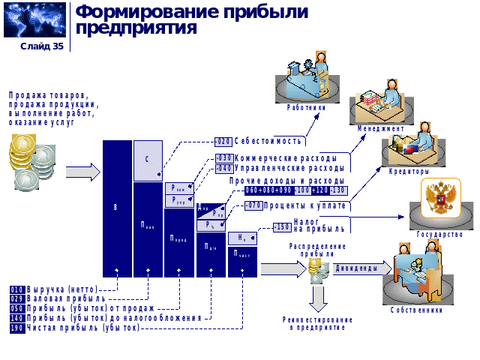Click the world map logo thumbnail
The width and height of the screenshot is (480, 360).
(34, 20)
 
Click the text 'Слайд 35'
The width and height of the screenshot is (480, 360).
(42, 46)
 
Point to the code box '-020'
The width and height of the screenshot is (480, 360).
(223, 141)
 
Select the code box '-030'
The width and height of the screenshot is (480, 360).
(224, 158)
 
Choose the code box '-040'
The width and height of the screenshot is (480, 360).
(224, 169)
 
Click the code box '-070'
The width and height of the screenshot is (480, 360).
(253, 205)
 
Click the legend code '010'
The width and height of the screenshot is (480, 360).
(16, 289)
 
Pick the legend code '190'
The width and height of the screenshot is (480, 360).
(16, 328)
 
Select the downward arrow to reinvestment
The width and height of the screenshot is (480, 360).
(318, 298)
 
